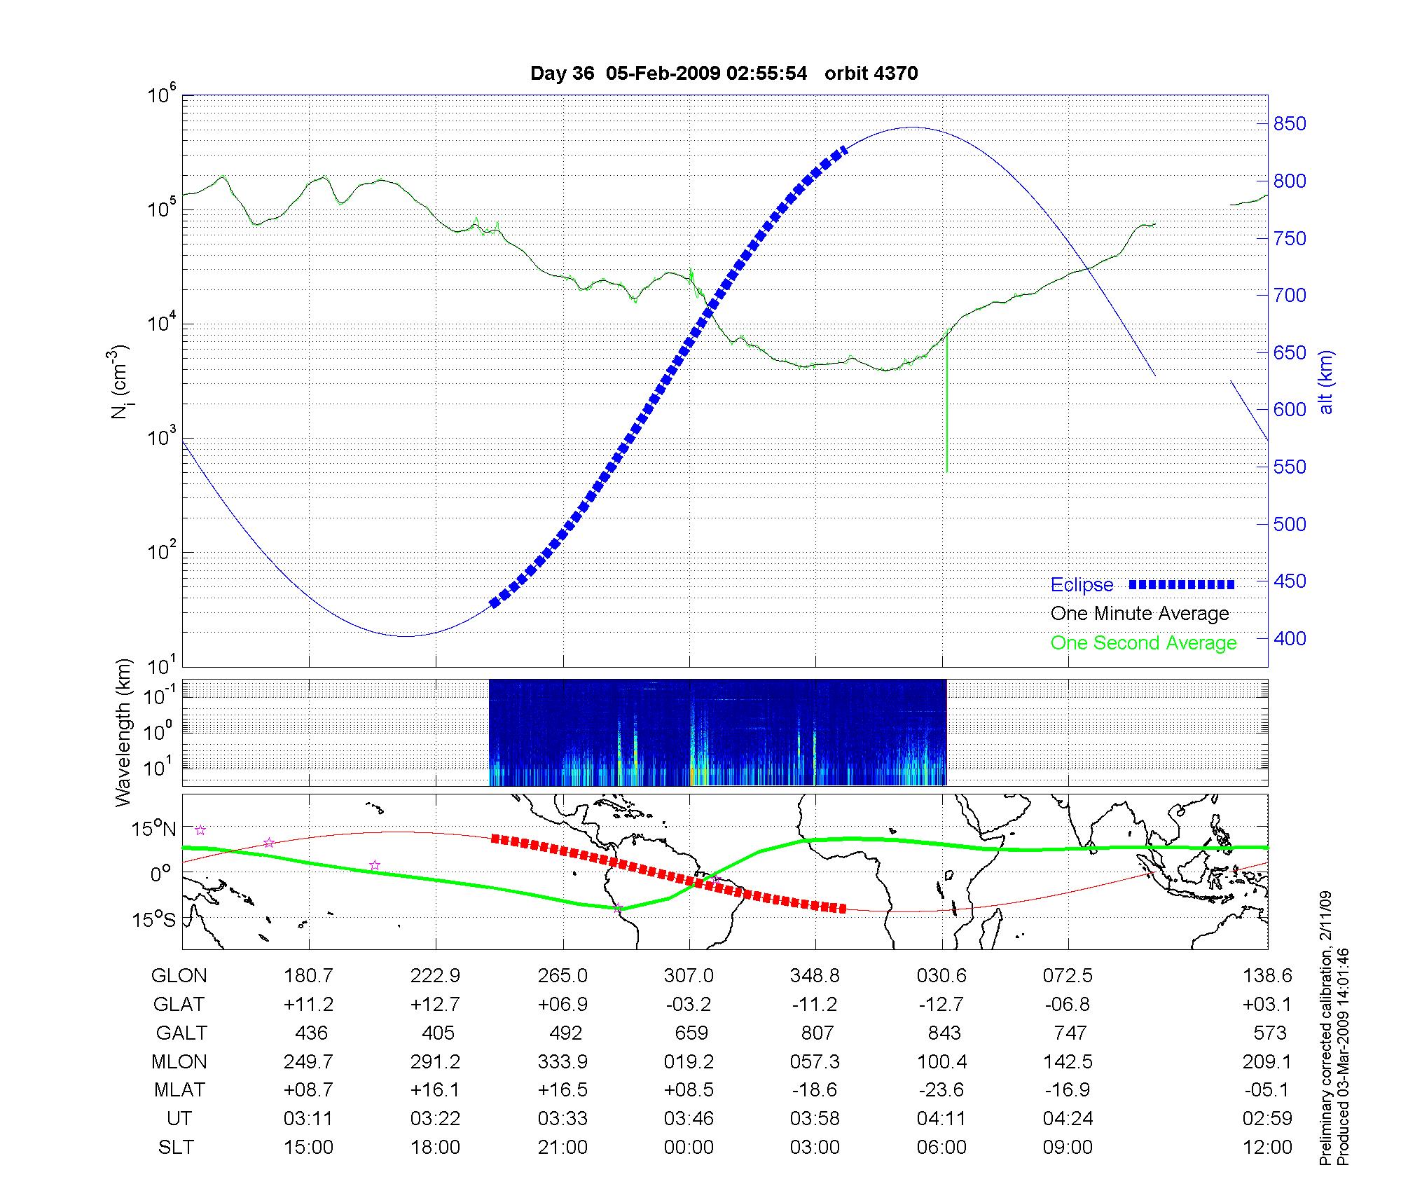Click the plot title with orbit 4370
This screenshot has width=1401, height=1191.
[724, 74]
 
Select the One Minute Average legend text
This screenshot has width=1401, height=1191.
[1140, 614]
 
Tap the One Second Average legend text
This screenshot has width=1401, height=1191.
[1143, 643]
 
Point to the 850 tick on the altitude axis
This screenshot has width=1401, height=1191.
[1290, 124]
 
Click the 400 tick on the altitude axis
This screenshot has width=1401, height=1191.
[1290, 638]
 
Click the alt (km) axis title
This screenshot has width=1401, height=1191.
[1326, 382]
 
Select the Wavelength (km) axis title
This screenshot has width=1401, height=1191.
[123, 733]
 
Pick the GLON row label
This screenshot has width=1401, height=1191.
[179, 976]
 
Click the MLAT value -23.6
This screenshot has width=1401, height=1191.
[941, 1090]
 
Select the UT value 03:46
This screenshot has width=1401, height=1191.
[689, 1119]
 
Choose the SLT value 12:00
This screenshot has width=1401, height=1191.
[1267, 1148]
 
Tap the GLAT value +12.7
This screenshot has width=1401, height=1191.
[435, 1005]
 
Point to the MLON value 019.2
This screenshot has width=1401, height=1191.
[689, 1062]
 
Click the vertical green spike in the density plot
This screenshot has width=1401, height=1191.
[946, 406]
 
